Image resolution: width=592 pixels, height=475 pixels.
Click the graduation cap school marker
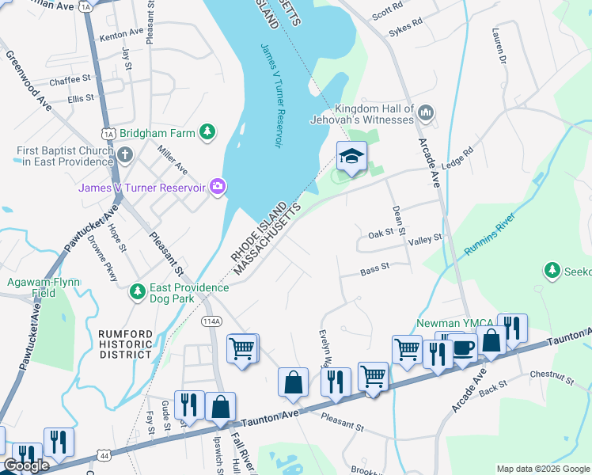tap(352, 156)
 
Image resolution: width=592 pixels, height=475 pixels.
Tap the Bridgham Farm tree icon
tap(207, 132)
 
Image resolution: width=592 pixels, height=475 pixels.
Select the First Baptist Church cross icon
tap(126, 155)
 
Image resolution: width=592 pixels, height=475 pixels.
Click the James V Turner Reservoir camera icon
tap(218, 187)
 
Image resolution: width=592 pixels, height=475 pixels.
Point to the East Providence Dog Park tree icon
tap(138, 292)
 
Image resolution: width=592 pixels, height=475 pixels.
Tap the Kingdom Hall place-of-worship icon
tap(426, 113)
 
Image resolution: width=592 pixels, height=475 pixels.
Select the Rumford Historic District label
tap(124, 344)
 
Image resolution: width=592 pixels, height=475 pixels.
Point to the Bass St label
tap(374, 268)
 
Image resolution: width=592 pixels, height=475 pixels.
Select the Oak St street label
tap(381, 235)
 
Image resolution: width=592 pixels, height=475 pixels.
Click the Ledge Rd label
tap(457, 157)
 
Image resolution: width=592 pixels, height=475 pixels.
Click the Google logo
tap(25, 465)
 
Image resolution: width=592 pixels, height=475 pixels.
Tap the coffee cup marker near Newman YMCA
tap(464, 347)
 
